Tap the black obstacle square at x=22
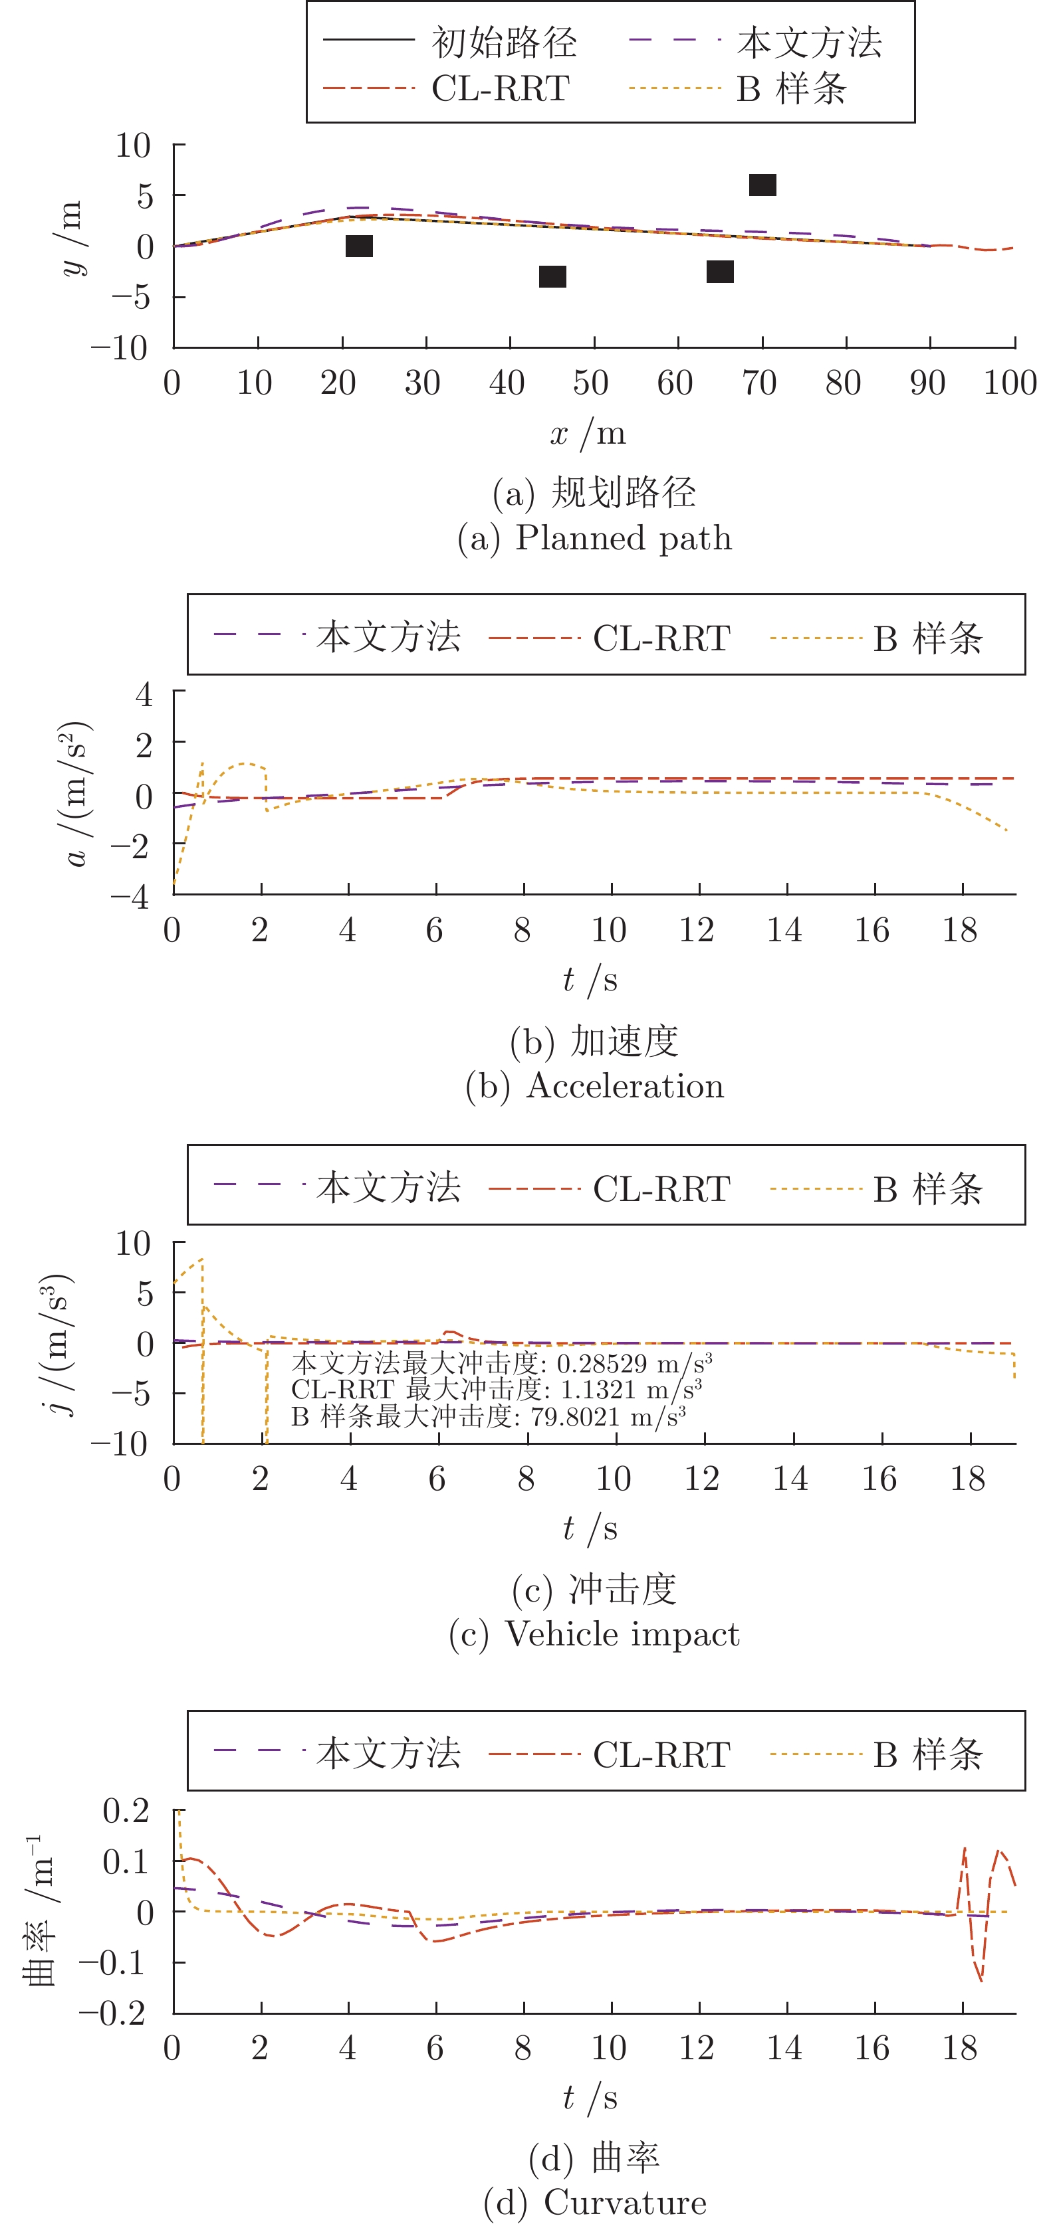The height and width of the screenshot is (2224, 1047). point(358,246)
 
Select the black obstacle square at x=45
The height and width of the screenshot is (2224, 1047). point(552,276)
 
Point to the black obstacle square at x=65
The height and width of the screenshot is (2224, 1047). point(719,272)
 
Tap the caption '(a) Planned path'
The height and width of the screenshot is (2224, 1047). point(594,538)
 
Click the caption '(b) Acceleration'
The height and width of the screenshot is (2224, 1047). point(594,1085)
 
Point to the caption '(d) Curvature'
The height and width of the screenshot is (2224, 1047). point(594,2201)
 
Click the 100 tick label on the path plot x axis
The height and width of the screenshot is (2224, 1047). point(1009,383)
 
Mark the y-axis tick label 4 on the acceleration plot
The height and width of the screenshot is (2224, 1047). point(144,694)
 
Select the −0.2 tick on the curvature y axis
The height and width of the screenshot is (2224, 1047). point(112,2013)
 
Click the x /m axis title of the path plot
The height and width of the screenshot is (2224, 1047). point(588,432)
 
